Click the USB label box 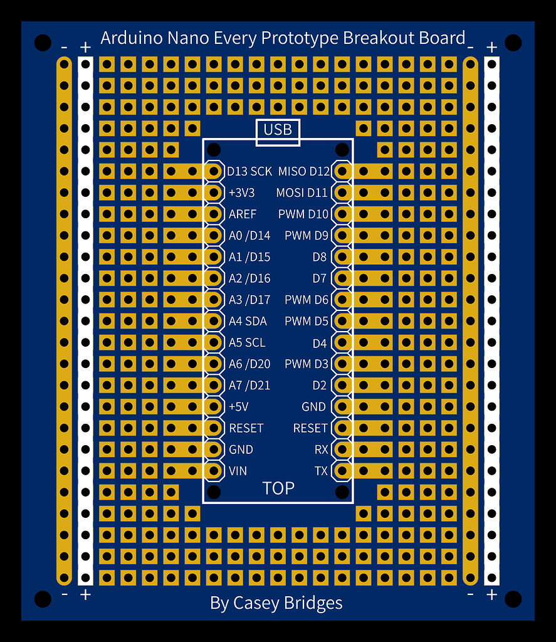click(x=278, y=132)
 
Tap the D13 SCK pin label click(x=249, y=171)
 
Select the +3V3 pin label click(x=241, y=192)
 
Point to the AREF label click(x=243, y=214)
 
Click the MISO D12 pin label click(x=304, y=171)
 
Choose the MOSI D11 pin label click(x=302, y=192)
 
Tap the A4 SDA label click(x=248, y=321)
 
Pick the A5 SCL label click(x=247, y=342)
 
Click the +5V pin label click(x=239, y=406)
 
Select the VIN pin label click(x=238, y=471)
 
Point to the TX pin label click(x=321, y=471)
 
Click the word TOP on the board click(x=278, y=488)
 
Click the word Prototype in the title click(x=300, y=38)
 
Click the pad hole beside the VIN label click(x=213, y=471)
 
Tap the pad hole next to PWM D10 click(x=342, y=214)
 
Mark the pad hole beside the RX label click(x=342, y=450)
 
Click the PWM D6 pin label click(x=307, y=300)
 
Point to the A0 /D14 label click(x=249, y=236)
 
